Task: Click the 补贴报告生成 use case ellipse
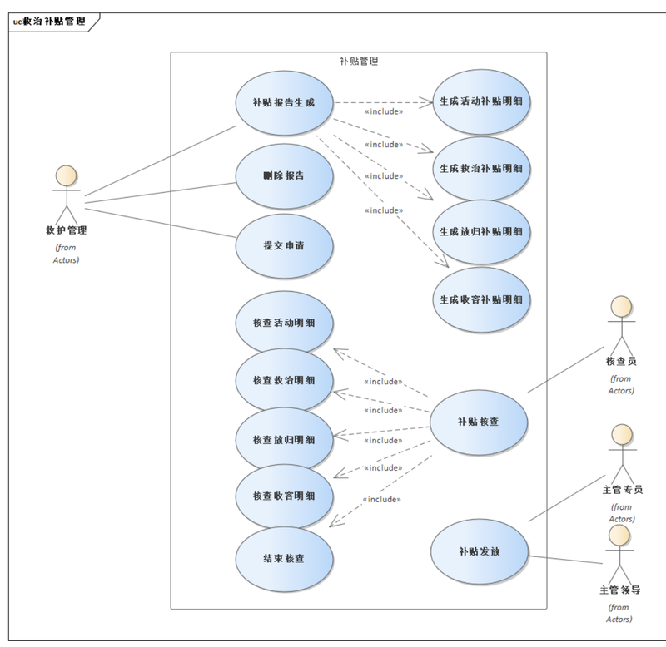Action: click(284, 103)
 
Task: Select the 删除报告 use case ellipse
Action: click(284, 176)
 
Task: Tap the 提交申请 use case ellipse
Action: click(284, 246)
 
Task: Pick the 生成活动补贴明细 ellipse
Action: click(481, 101)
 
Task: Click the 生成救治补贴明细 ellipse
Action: click(481, 169)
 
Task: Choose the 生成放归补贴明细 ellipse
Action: click(481, 232)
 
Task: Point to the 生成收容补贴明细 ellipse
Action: click(481, 300)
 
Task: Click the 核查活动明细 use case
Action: click(284, 323)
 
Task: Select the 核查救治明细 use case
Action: click(284, 381)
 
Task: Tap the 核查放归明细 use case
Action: click(284, 440)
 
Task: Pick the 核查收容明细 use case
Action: click(284, 496)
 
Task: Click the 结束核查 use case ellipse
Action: click(284, 559)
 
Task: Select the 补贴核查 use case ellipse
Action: click(479, 422)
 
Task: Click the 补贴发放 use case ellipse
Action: click(480, 551)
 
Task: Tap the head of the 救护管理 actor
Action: click(67, 175)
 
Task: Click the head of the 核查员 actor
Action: click(621, 306)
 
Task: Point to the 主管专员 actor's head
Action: click(622, 434)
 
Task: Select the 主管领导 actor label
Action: click(619, 590)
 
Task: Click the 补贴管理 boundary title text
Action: click(359, 62)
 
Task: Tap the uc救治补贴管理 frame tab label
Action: click(49, 22)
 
